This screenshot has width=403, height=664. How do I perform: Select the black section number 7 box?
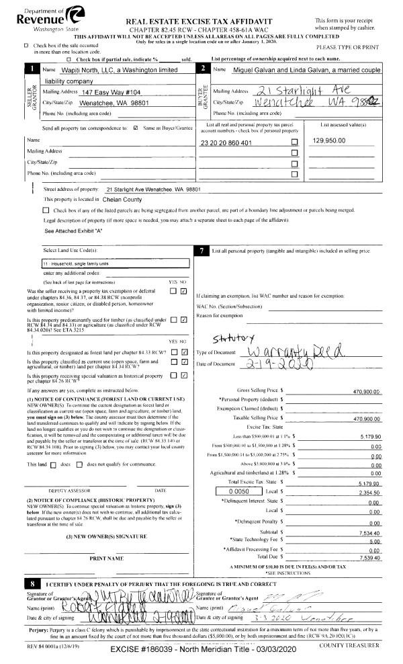click(x=202, y=251)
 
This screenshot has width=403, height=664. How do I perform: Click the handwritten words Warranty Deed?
click(x=289, y=351)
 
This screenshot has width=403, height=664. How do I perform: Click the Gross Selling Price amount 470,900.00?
click(x=366, y=390)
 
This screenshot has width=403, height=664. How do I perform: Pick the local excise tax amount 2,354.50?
click(x=368, y=510)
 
